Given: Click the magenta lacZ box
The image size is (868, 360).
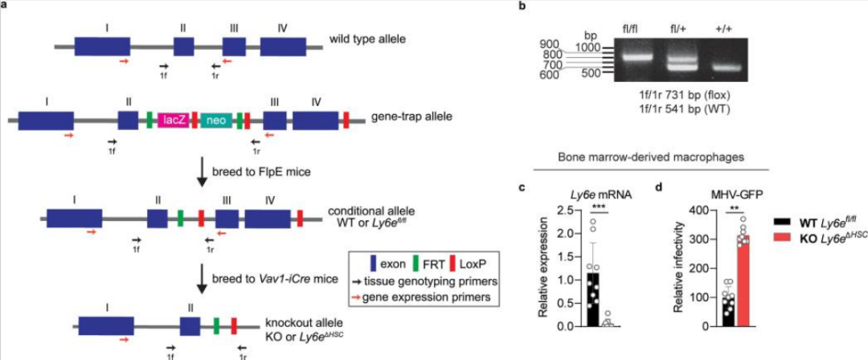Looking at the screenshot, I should [x=173, y=121].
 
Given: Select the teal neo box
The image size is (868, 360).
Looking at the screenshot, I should [x=215, y=121].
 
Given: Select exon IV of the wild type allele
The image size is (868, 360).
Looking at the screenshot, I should [x=283, y=46].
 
